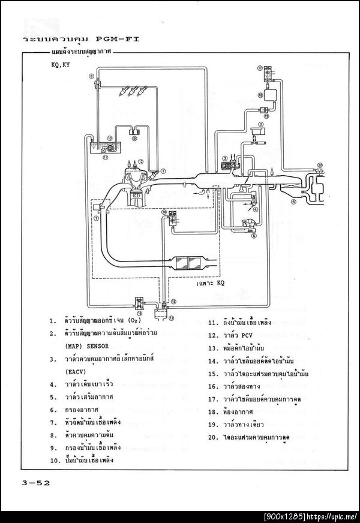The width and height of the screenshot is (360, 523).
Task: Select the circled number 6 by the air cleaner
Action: tap(293, 202)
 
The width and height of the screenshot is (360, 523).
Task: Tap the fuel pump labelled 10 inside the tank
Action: tap(110, 146)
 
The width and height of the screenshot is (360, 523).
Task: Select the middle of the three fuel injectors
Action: tap(134, 92)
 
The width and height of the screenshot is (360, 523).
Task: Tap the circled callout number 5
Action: tap(253, 236)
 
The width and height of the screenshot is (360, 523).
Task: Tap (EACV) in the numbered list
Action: tap(76, 371)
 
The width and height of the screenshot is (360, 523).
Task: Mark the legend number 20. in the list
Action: tap(213, 437)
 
